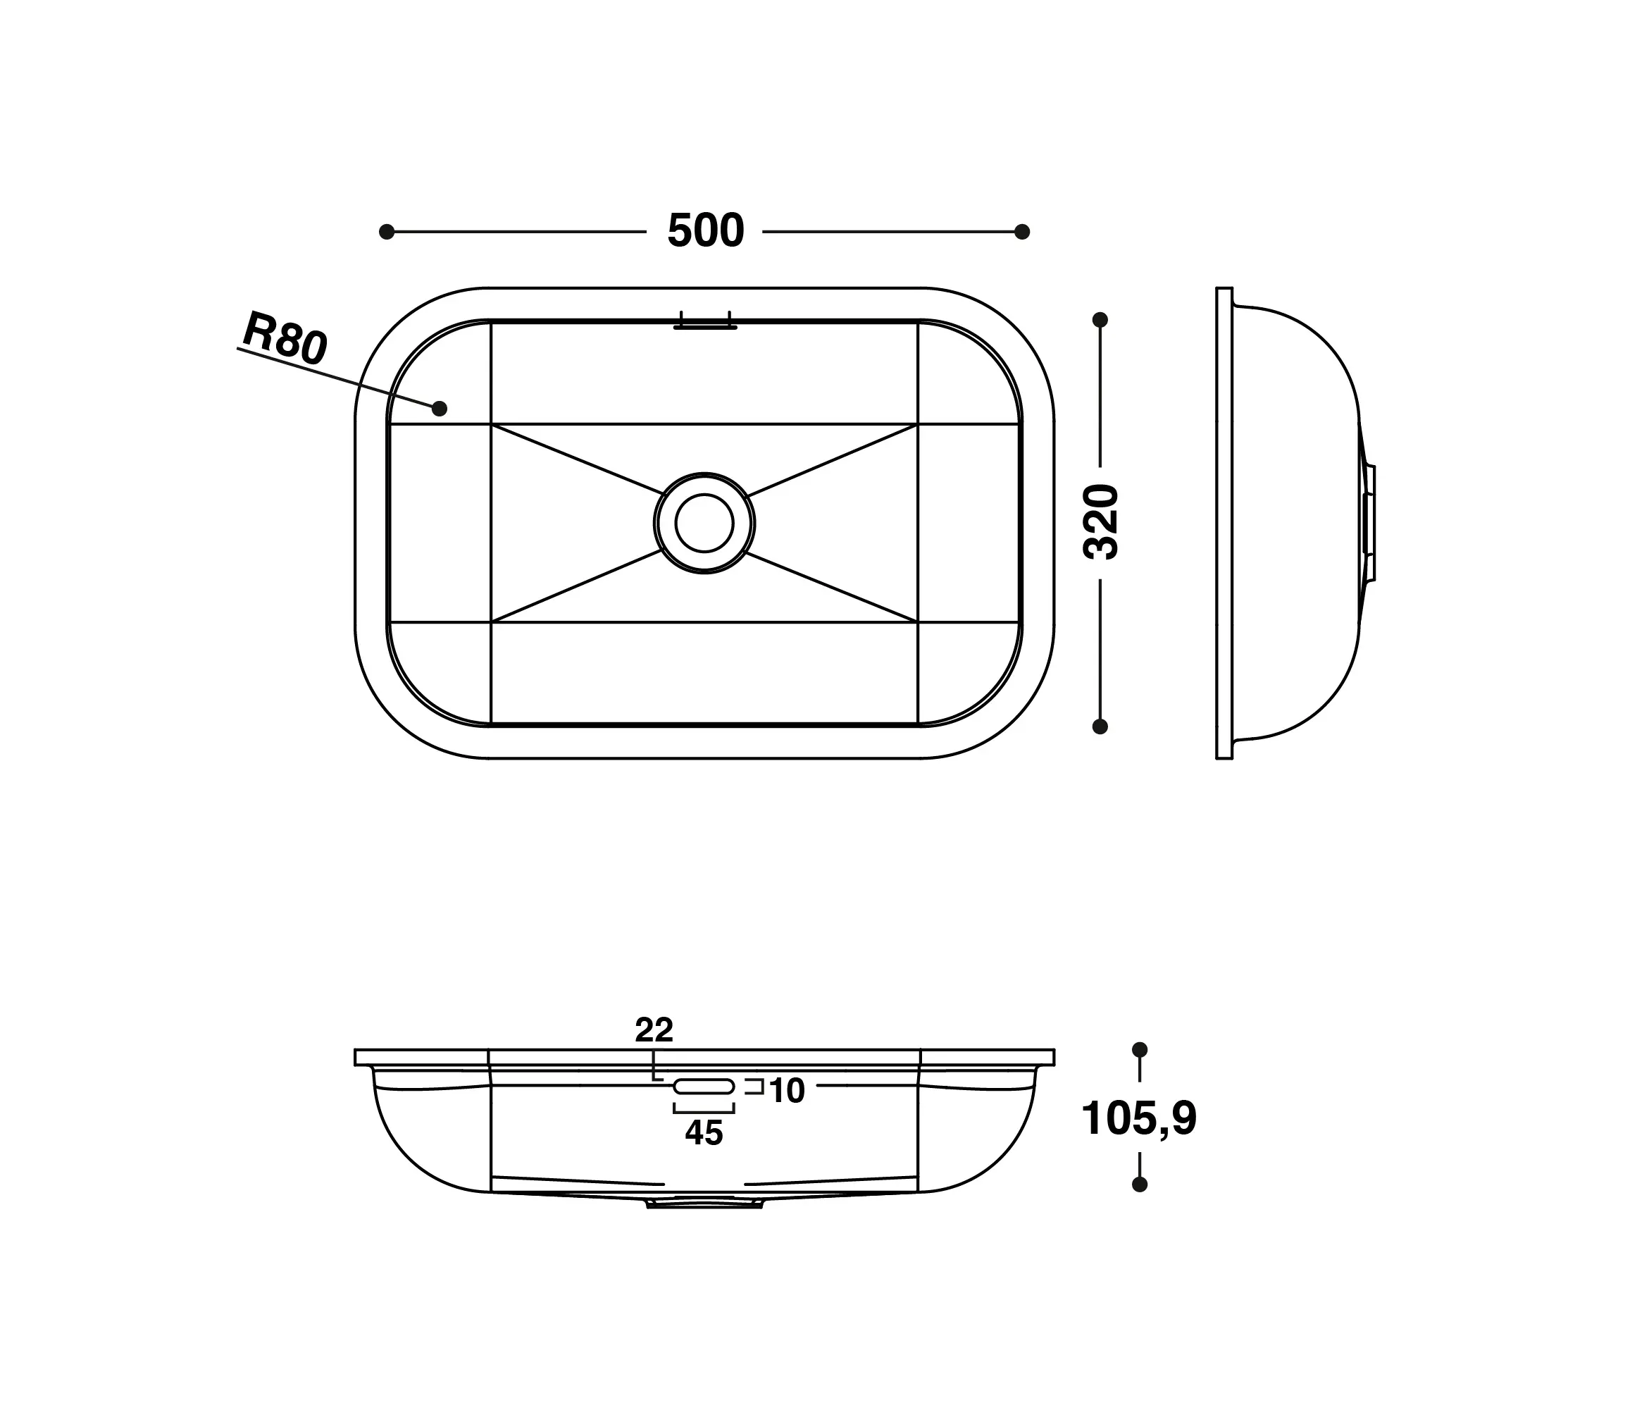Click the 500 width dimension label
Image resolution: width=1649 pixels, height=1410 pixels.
(705, 232)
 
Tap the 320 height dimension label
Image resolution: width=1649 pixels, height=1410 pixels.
(1102, 521)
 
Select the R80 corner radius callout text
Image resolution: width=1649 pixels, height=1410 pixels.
(285, 338)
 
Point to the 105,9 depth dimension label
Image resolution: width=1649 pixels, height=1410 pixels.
(1139, 1118)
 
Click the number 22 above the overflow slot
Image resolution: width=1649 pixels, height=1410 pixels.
(654, 1030)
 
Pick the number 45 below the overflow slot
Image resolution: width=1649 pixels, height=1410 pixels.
(704, 1133)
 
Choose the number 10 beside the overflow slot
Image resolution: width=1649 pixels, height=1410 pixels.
(787, 1091)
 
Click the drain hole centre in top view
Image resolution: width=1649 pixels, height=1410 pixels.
(704, 522)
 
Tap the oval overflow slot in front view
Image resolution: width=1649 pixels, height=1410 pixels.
(704, 1086)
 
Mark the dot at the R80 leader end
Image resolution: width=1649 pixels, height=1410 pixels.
(440, 409)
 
